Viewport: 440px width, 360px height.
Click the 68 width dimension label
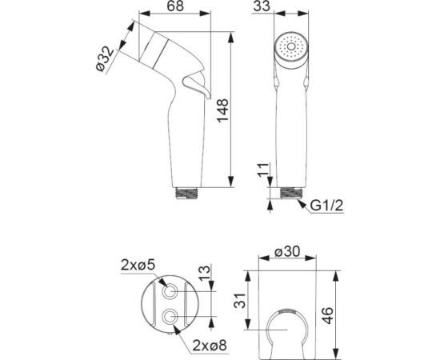click(175, 6)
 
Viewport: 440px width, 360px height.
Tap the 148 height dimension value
click(223, 110)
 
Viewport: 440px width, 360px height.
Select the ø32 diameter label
click(105, 59)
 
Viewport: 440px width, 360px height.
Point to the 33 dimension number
click(262, 6)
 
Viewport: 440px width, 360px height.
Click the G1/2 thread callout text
click(326, 206)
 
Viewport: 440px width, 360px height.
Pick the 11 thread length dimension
click(263, 170)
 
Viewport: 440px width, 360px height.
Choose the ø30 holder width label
click(287, 251)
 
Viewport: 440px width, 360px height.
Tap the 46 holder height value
click(327, 316)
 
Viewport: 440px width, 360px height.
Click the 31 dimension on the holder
click(240, 301)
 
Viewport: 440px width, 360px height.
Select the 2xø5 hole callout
click(138, 265)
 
